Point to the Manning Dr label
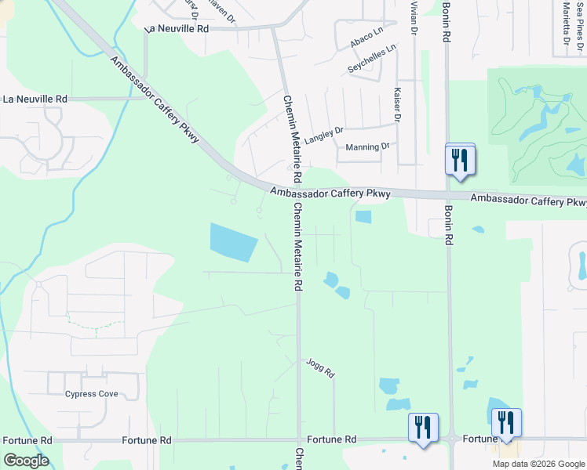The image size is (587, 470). click(367, 146)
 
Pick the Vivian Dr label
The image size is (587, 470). click(413, 17)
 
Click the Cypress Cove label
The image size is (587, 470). click(92, 394)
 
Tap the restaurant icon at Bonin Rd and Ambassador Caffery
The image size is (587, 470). click(460, 160)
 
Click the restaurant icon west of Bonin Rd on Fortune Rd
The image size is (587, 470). click(422, 428)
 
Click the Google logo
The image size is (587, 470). click(26, 461)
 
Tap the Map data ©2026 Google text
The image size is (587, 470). click(538, 464)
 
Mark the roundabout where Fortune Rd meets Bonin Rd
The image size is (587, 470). click(452, 439)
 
